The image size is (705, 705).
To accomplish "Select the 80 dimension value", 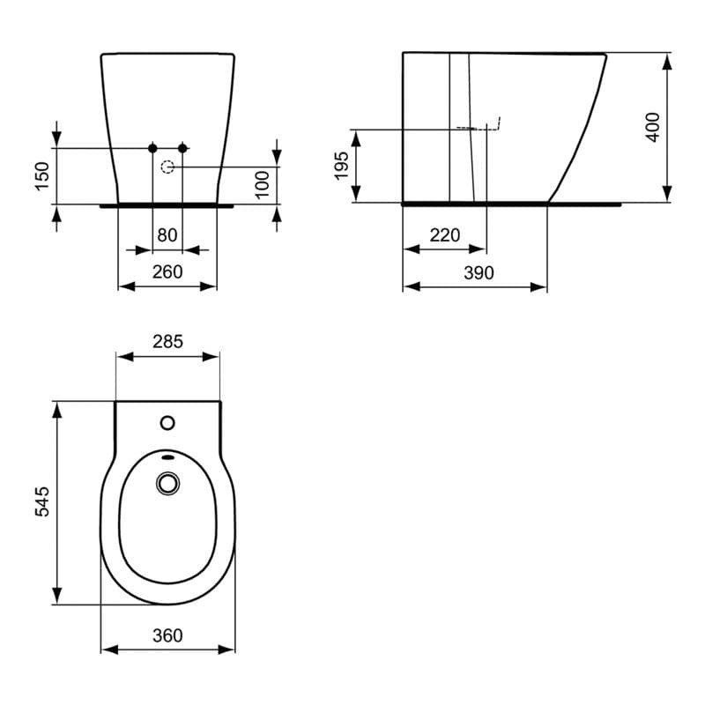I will point(167,236).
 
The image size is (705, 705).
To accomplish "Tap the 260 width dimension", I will point(167,271).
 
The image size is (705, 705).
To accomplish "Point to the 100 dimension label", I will point(262,184).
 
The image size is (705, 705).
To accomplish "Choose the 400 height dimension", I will point(652,128).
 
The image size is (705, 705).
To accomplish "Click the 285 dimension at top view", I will point(167,341).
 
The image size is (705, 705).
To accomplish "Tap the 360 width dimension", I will point(167,635).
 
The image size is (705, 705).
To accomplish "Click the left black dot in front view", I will point(152,146).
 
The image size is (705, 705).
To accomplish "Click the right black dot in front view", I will point(183,146).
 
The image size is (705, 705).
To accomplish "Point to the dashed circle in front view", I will point(167,166).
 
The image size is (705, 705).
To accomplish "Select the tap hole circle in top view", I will point(167,423).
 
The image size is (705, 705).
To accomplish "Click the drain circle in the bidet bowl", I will point(167,483).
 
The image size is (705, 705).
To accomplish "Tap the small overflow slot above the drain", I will point(167,458).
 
